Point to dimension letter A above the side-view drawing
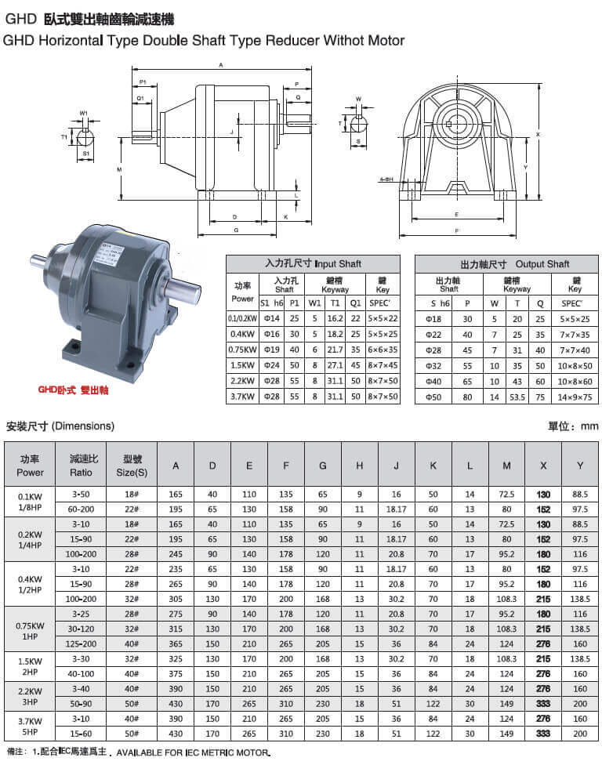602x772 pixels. [x=222, y=64]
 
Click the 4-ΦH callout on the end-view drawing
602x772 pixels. [x=386, y=179]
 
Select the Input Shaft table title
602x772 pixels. [x=313, y=264]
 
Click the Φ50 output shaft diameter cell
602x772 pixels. [x=444, y=397]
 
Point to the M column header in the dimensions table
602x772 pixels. [x=507, y=466]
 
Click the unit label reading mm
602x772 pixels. [x=589, y=426]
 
